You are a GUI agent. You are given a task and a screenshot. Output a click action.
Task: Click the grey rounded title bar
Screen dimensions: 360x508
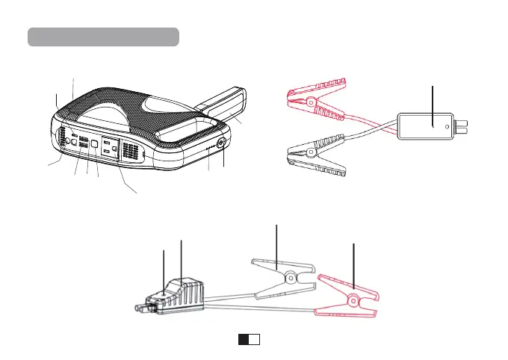(103, 37)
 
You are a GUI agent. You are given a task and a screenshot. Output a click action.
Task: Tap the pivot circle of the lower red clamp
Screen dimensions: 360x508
(350, 301)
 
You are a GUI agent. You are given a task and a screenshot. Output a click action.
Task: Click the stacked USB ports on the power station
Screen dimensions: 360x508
(84, 143)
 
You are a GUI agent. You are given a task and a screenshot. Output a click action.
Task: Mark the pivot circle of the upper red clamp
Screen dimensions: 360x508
(309, 102)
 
